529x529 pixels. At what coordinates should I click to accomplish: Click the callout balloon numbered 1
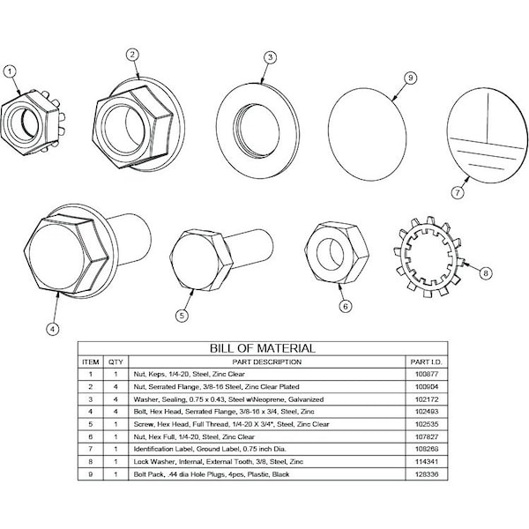pos(11,71)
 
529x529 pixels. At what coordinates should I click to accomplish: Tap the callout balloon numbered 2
pos(131,54)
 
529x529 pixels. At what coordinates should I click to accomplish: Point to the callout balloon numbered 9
pos(409,78)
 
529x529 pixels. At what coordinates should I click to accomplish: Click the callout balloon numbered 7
pos(457,190)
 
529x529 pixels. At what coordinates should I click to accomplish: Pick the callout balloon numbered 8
pos(484,273)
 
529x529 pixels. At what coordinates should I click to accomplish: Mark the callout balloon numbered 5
pos(182,314)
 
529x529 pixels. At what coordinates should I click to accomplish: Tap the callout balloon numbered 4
pos(52,330)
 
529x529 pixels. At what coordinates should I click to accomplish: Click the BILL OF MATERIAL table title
pos(260,348)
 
